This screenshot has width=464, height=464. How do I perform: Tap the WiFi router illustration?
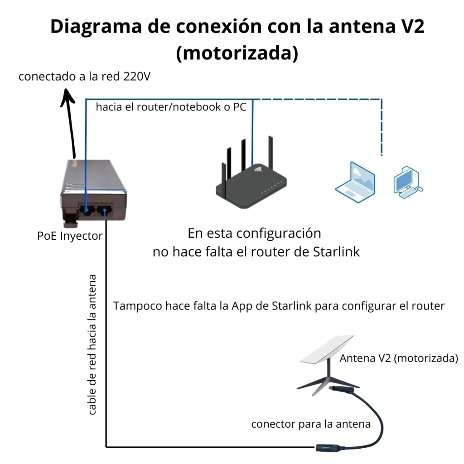(251, 181)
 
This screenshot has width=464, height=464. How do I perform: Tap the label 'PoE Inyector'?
(70, 236)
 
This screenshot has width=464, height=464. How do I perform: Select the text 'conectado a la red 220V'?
(84, 76)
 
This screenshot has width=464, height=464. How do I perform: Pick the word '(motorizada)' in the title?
(237, 53)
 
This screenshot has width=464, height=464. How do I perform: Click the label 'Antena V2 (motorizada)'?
(399, 358)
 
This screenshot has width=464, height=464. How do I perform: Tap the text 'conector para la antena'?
(311, 424)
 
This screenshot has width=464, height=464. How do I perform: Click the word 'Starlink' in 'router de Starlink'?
(336, 252)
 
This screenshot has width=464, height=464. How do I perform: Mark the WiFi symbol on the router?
(259, 171)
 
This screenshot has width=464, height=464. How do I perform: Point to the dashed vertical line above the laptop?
(382, 127)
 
